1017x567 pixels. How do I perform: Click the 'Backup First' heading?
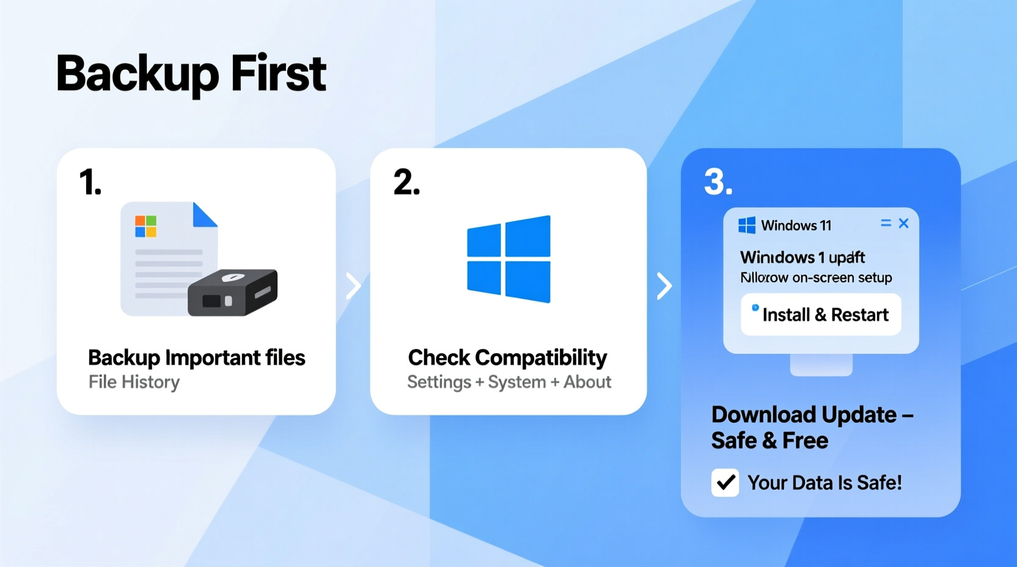191,73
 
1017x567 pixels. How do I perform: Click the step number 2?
406,182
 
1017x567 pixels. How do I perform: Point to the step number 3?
718,182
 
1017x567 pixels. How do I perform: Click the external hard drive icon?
233,293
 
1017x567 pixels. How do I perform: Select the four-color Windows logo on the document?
145,226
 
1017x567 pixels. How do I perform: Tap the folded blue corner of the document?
204,214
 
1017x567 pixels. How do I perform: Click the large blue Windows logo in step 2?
508,259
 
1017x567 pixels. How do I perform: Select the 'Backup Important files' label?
196,357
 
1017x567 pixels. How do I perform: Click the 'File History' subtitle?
134,382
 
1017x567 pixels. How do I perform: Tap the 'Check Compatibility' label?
507,357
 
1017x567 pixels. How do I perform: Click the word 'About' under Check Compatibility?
587,382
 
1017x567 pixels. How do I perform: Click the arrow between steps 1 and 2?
353,286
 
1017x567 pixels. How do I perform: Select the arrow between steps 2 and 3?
664,286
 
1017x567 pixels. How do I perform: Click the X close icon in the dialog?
903,224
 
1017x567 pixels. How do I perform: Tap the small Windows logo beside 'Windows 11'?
746,225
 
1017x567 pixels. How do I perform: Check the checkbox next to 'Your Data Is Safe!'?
725,483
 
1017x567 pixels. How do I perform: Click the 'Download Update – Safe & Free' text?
812,428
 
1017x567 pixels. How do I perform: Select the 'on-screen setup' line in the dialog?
816,277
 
